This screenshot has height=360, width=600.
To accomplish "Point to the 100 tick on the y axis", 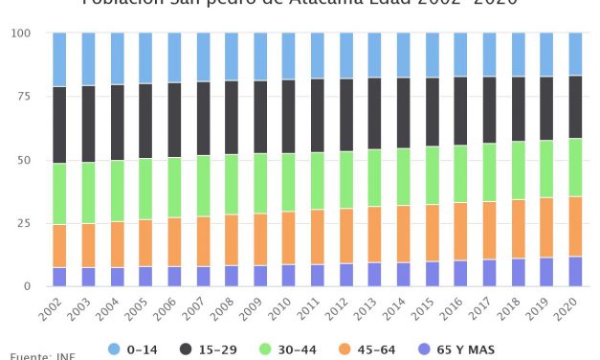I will [x=21, y=34].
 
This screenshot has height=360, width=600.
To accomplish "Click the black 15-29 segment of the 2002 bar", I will [x=59, y=124].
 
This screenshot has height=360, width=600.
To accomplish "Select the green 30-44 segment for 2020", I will [x=575, y=168].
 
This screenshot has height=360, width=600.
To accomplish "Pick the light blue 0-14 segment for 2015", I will [x=432, y=56].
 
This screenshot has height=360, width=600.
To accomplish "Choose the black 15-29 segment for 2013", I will [x=375, y=113].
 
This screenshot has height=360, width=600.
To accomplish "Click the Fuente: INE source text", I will [x=38, y=356].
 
